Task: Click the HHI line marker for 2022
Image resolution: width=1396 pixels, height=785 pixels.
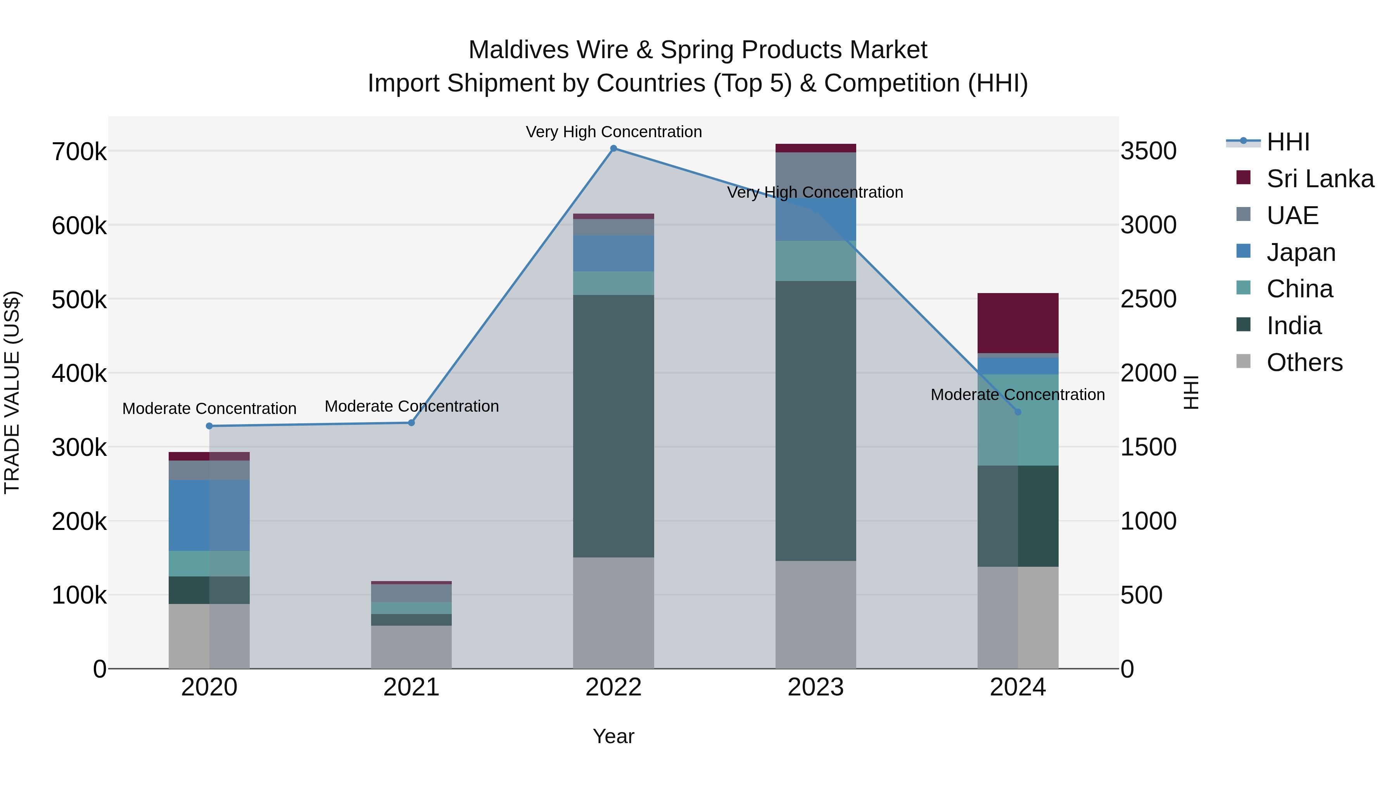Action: [613, 148]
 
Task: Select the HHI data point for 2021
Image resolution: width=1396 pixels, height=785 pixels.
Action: [411, 423]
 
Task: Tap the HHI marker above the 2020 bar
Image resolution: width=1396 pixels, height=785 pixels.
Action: [209, 426]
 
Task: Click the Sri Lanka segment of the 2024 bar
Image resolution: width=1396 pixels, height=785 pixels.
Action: [1018, 323]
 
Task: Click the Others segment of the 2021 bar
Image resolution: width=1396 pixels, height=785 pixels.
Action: [411, 647]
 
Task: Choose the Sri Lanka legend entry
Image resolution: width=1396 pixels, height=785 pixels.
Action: [1320, 179]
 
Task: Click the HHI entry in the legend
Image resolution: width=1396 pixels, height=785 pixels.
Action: [1287, 142]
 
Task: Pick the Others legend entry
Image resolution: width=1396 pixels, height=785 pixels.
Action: [1304, 362]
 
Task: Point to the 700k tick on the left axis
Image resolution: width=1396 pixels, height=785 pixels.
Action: [79, 152]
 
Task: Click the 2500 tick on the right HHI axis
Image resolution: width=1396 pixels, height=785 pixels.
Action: [1148, 299]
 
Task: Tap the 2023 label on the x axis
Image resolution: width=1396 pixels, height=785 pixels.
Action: [815, 687]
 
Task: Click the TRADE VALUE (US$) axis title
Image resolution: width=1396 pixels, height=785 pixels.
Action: [12, 392]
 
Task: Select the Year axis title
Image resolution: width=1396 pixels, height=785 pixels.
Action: [613, 736]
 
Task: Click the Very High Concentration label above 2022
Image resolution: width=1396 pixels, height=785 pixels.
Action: [613, 132]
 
